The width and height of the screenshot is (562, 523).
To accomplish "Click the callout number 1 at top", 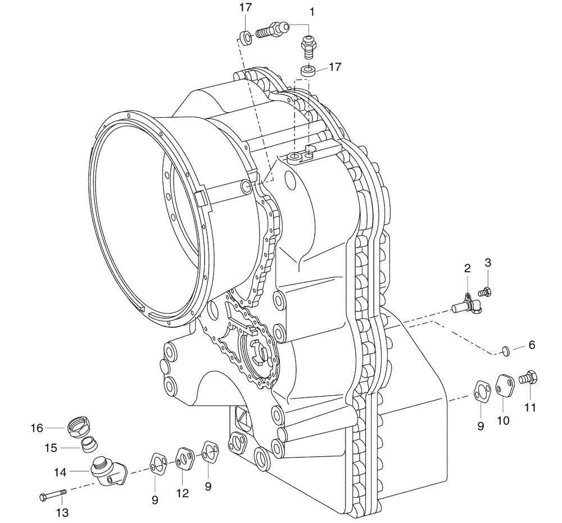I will (313, 11).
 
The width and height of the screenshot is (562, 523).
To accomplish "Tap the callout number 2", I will (467, 268).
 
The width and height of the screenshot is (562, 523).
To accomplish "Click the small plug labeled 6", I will (505, 351).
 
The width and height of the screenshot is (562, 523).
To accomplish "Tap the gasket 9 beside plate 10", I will (481, 391).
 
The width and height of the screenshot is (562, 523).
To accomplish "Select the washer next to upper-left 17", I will (246, 38).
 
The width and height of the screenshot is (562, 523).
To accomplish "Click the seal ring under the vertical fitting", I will (307, 71).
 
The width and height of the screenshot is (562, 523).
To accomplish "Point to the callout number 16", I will (37, 428).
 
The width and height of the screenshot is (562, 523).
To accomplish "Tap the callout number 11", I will (530, 408).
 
